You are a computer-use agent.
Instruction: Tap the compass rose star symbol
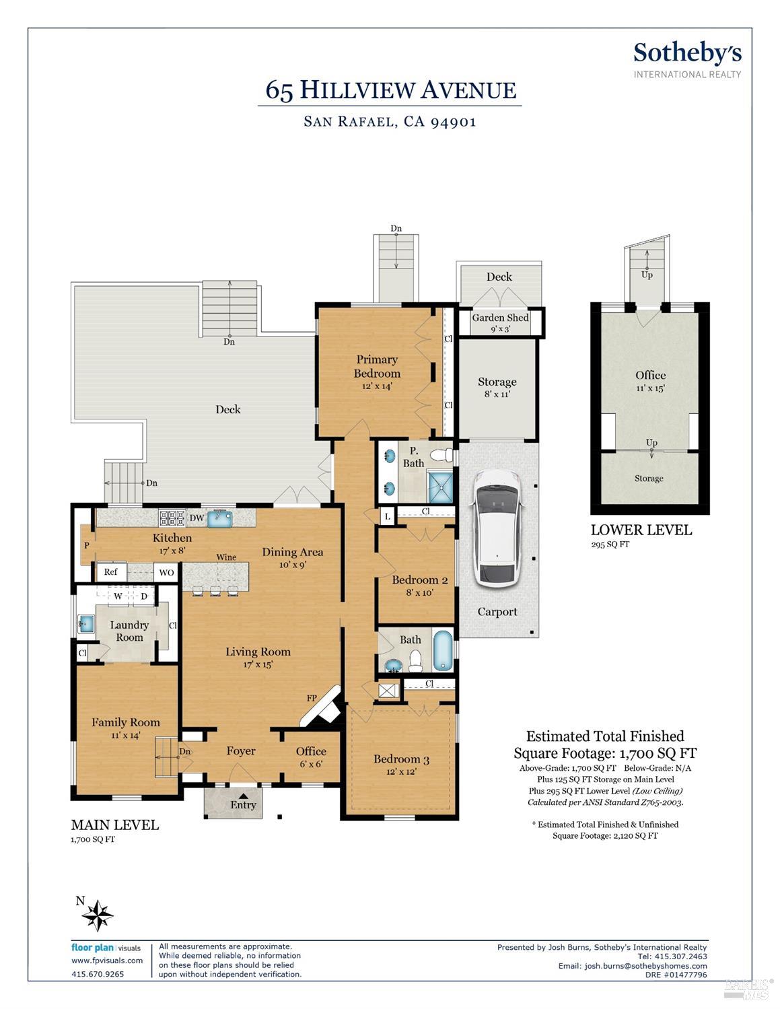tap(98, 915)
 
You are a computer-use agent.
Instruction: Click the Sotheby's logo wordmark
tap(688, 54)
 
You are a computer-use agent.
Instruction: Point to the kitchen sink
tap(219, 518)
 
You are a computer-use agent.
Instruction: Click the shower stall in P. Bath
tap(440, 487)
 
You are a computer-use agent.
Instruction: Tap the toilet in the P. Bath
tap(441, 454)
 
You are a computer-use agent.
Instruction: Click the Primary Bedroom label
tap(376, 366)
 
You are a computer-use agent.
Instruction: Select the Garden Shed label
tap(500, 318)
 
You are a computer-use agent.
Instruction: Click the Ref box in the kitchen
tap(112, 571)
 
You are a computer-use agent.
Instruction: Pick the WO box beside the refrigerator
tap(166, 572)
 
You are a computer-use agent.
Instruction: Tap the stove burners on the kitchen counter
tap(172, 518)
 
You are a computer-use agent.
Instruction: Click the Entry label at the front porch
tap(243, 804)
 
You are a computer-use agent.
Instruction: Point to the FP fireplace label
tap(312, 698)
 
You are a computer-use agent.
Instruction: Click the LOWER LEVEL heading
tap(641, 530)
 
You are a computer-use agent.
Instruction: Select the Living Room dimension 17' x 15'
tap(258, 664)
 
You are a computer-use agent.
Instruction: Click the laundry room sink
tap(86, 623)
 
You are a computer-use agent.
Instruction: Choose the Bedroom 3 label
tap(401, 759)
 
